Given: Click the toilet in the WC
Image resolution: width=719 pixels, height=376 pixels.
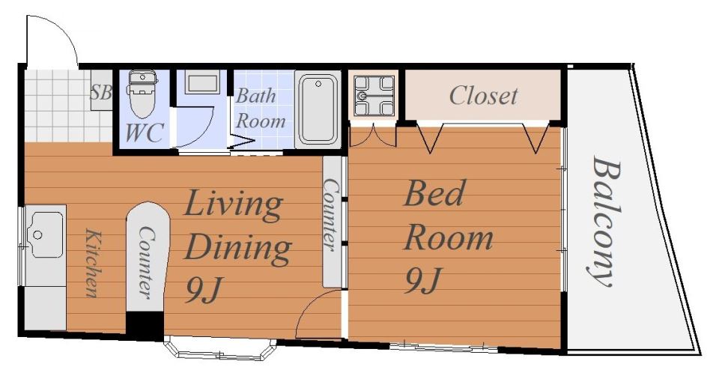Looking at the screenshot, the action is tap(142, 94).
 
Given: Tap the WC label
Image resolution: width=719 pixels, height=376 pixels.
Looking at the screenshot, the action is tap(144, 133).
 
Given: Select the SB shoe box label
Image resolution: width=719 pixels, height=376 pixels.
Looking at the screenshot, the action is tap(101, 92).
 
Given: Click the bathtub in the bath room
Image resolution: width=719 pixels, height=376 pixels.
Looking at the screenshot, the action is tap(318, 109).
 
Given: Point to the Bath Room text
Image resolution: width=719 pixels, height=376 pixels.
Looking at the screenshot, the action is tap(260, 108).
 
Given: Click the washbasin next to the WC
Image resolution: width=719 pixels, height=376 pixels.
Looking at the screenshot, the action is tap(202, 82).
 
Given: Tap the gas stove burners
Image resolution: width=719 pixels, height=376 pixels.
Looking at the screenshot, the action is tap(374, 96).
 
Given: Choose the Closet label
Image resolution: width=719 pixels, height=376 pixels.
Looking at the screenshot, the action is tap(483, 96).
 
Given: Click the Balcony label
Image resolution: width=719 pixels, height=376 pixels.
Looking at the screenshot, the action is tap(606, 221).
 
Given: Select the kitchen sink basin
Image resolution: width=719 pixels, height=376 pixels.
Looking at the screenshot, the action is tap(46, 234).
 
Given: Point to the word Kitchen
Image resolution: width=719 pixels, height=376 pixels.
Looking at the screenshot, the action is tap(92, 263).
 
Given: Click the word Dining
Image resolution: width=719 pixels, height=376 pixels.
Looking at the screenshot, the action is tap(238, 248).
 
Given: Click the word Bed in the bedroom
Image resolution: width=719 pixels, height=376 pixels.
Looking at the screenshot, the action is tap(434, 193).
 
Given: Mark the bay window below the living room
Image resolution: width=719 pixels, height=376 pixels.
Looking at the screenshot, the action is tap(220, 349).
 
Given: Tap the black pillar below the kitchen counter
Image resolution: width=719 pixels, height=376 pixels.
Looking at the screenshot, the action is tap(145, 326).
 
